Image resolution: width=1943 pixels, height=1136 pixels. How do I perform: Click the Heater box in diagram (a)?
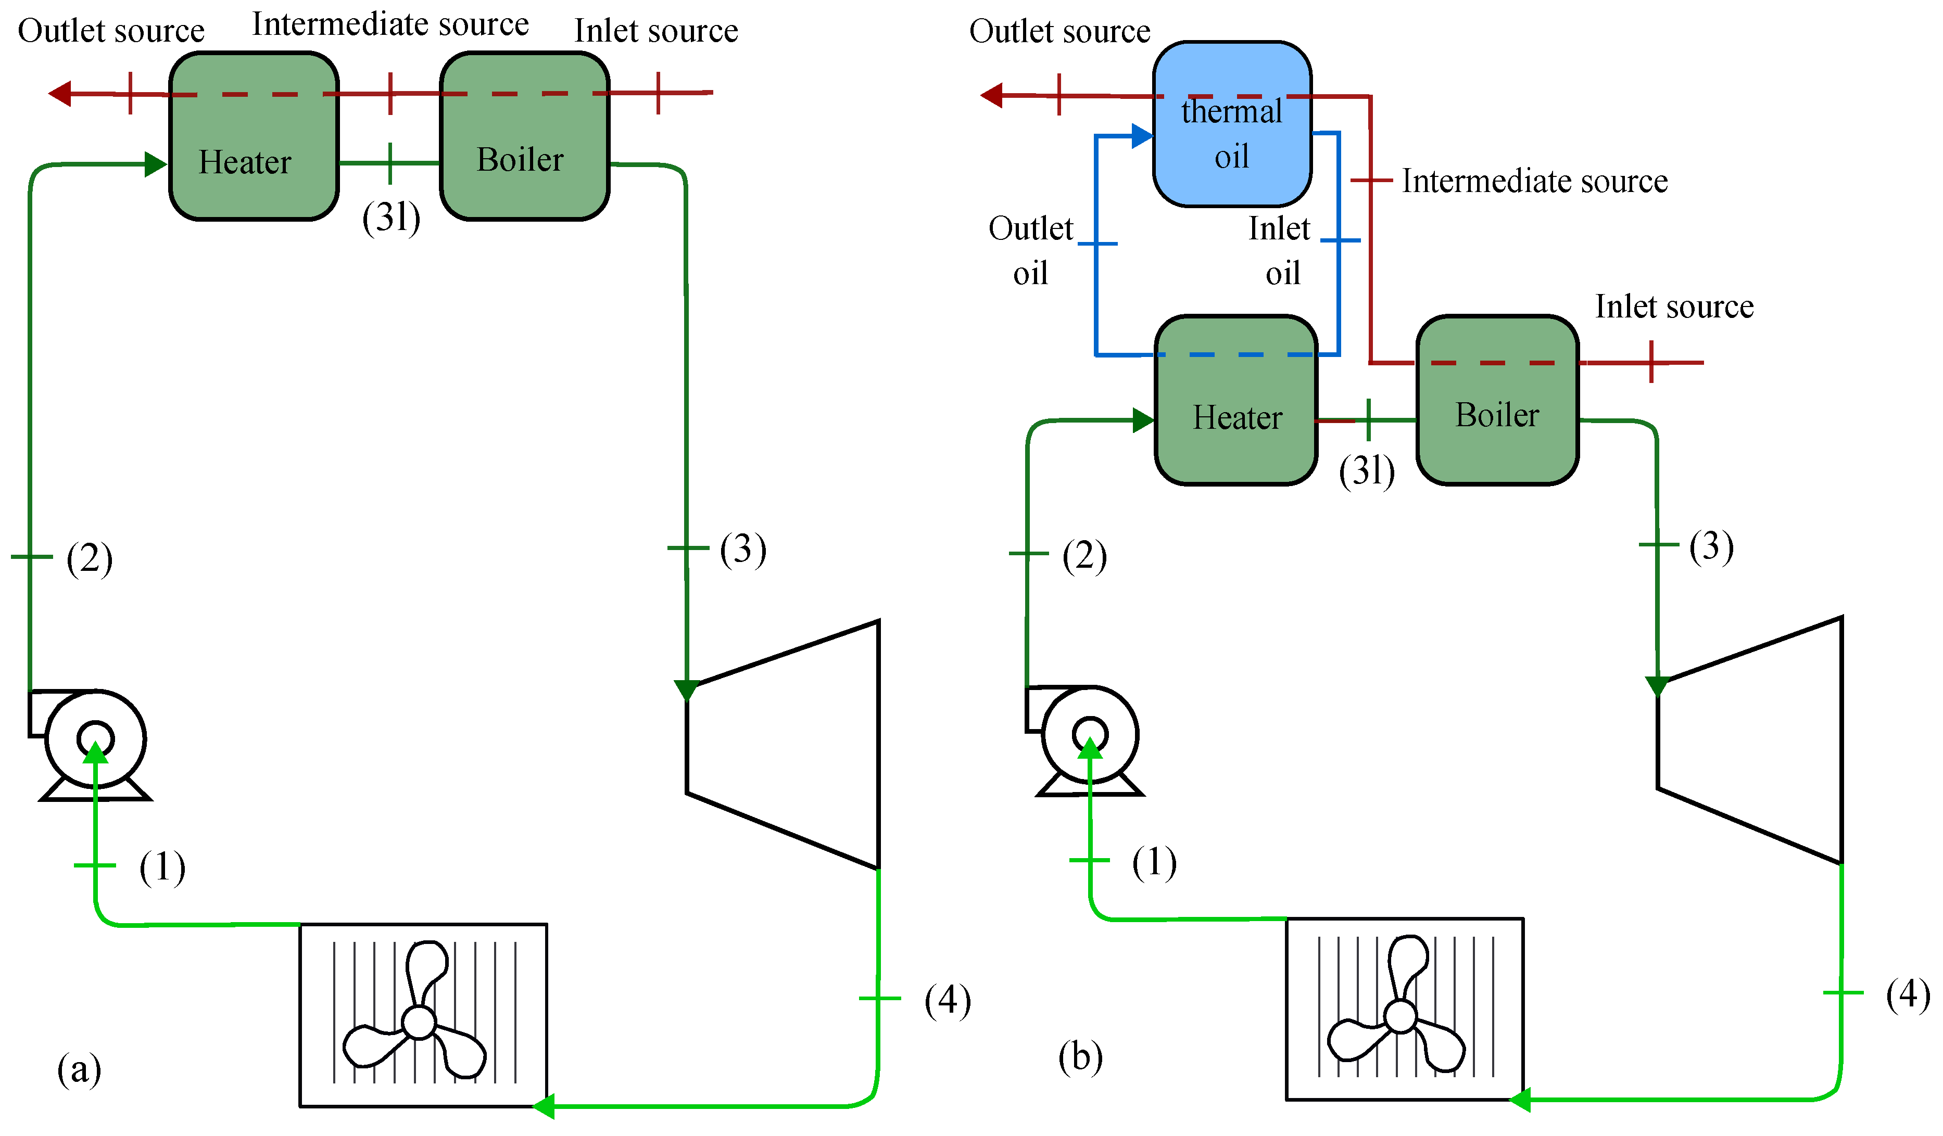coord(254,136)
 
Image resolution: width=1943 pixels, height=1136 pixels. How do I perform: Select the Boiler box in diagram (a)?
coord(524,136)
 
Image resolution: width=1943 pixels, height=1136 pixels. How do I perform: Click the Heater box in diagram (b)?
coord(1236,400)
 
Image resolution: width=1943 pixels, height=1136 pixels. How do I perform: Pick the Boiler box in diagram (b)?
coord(1497,400)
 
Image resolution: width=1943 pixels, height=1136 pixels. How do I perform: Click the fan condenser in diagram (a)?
coord(423,1015)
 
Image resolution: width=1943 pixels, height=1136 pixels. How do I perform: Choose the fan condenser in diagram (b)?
coord(1404,1010)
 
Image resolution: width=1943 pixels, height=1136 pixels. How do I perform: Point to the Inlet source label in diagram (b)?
coord(1674,307)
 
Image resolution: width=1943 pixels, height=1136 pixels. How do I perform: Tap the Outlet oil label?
coord(1030,250)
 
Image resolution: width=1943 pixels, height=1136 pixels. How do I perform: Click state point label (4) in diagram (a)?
coord(947,1000)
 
